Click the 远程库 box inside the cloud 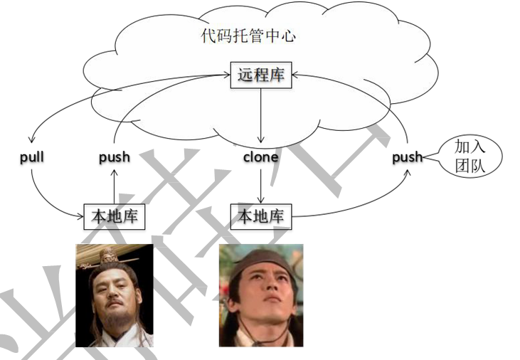pos(260,75)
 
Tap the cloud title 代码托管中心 pos(248,36)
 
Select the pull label pos(32,157)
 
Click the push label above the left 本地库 pos(114,157)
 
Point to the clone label pos(260,157)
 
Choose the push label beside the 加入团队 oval pos(407,157)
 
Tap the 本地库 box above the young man pos(260,216)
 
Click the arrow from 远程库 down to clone pos(261,114)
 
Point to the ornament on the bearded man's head pos(108,254)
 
